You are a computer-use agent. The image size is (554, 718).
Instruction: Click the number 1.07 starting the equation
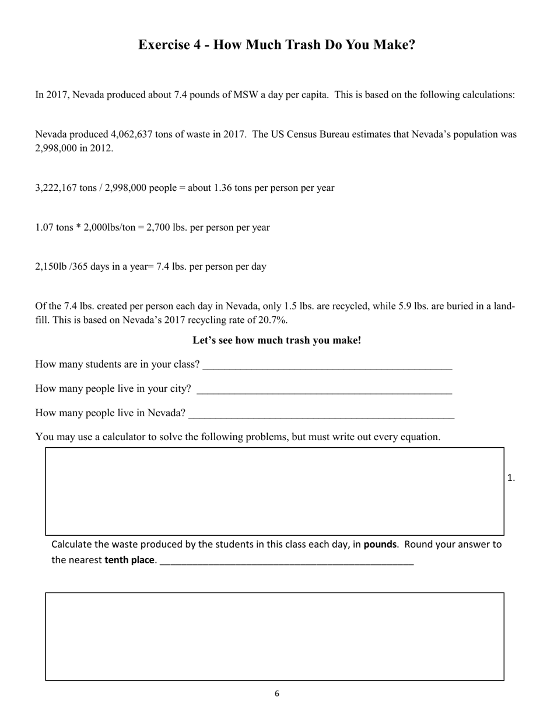44,227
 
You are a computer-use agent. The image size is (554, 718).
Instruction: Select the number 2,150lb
51,267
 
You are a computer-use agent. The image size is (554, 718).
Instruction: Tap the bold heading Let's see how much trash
277,340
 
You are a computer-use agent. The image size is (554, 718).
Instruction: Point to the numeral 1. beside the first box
511,478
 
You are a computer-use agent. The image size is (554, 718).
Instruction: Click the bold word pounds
380,545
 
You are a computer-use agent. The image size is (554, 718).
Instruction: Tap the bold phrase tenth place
130,560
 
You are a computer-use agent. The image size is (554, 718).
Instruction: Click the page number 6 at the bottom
277,693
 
